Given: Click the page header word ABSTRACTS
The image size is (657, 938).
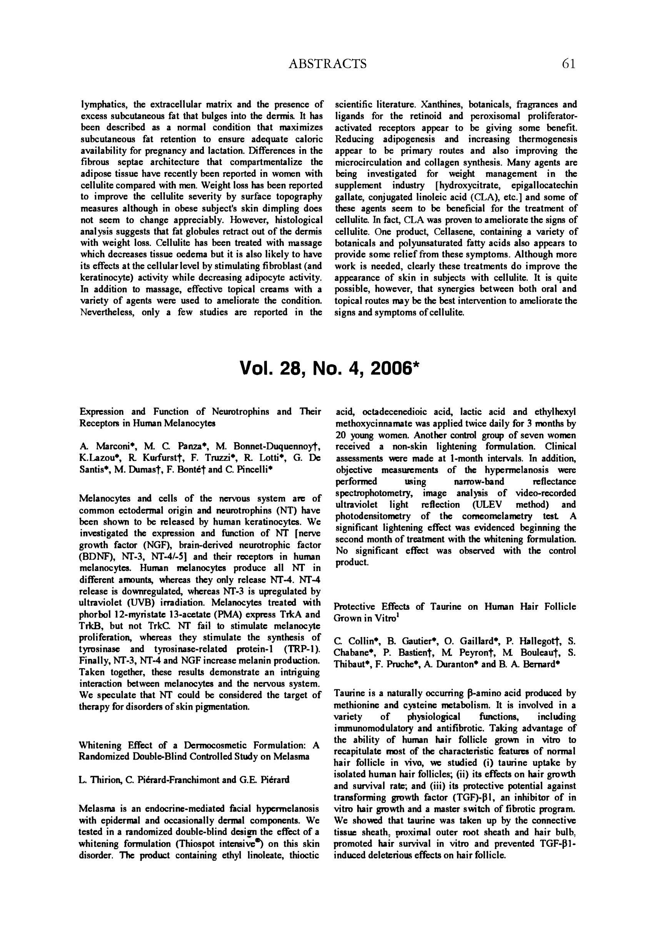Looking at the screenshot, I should click(327, 64).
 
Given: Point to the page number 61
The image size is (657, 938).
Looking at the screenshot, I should click(569, 64).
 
